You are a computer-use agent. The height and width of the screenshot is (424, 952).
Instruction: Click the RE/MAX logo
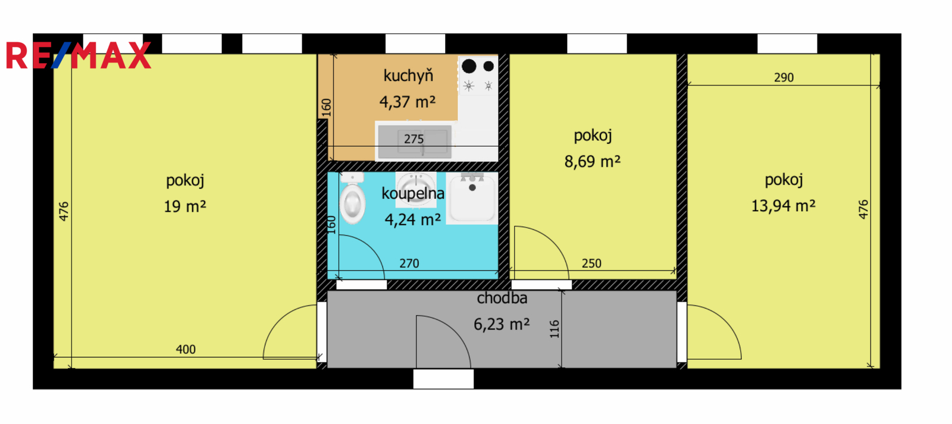(x=79, y=55)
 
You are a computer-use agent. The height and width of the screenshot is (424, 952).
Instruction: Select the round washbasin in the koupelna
(x=416, y=189)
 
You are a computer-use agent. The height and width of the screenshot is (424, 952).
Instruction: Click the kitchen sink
(x=415, y=142)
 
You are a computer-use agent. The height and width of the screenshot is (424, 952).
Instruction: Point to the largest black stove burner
(x=469, y=66)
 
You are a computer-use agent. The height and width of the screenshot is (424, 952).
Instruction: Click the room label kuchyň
(x=408, y=76)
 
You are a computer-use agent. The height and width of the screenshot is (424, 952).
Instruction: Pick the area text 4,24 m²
(x=412, y=219)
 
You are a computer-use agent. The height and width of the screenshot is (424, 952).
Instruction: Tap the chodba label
(x=502, y=299)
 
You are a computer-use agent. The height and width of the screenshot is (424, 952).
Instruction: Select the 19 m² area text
(x=185, y=206)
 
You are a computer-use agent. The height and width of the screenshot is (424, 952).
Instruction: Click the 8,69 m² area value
(x=593, y=162)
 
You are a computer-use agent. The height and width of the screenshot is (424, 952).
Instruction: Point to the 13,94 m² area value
(x=783, y=206)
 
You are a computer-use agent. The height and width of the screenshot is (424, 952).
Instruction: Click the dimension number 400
(x=186, y=349)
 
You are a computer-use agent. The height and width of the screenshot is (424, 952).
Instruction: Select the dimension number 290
(x=784, y=77)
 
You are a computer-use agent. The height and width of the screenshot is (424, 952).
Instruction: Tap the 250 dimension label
(x=591, y=263)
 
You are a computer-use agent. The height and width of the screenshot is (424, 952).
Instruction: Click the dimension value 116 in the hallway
(x=554, y=329)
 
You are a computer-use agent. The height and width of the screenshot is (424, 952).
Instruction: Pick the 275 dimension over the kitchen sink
(x=414, y=139)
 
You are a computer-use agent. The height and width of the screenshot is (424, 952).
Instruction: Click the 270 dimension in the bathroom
(x=409, y=263)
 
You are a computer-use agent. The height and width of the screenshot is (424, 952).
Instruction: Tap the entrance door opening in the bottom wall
(x=443, y=379)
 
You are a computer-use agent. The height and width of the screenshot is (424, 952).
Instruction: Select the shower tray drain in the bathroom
(x=472, y=187)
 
